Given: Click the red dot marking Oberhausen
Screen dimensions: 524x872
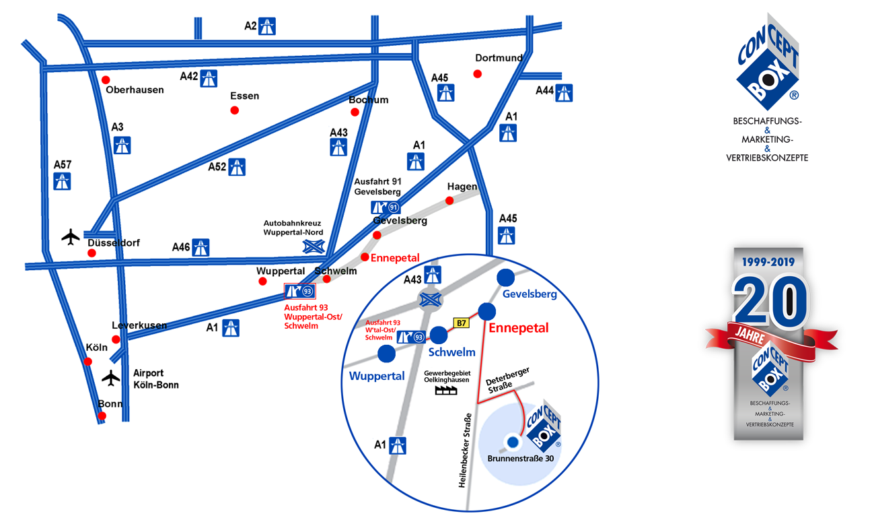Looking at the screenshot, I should [106, 80].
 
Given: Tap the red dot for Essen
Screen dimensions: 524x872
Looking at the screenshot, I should [235, 110].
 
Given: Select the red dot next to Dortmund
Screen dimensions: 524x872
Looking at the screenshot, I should [478, 74].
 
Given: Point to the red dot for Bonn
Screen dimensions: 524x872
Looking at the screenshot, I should [102, 416].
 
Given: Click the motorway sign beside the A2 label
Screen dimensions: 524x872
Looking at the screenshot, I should [268, 26].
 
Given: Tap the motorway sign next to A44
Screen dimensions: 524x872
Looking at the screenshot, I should [564, 93].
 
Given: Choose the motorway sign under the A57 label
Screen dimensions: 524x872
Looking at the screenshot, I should [62, 181].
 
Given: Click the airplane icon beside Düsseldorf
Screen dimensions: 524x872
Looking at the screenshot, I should [71, 236].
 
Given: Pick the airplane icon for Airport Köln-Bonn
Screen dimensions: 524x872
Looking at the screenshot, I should [111, 378].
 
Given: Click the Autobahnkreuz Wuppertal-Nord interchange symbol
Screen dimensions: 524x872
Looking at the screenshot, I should [314, 246].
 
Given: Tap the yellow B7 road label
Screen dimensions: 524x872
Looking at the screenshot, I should [461, 323].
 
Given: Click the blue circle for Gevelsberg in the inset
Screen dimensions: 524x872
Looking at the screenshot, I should [505, 277].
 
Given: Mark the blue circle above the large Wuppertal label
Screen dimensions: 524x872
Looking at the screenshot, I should [387, 353].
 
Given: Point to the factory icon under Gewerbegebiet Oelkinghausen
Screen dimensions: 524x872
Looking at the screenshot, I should [446, 389].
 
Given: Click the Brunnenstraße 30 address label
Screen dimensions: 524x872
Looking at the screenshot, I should [520, 459].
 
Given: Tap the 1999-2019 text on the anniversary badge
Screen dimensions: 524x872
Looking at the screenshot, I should [768, 261].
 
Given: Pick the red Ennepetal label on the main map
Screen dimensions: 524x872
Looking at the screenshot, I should [395, 258].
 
